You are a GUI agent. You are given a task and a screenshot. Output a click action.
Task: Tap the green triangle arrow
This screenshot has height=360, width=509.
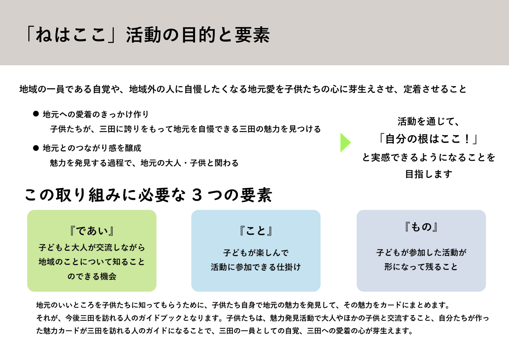[345, 143]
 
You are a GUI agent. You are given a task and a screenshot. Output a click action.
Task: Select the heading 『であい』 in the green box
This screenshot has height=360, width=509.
[92, 231]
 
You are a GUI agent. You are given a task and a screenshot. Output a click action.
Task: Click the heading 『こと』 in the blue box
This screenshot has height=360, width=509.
[256, 231]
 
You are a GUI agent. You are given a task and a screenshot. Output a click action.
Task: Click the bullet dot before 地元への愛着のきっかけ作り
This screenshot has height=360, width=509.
[36, 114]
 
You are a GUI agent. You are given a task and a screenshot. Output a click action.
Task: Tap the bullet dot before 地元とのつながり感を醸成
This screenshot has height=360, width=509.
[36, 148]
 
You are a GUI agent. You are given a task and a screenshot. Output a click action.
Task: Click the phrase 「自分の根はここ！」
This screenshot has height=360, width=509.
[428, 139]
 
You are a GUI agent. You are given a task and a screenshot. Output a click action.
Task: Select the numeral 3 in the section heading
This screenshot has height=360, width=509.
[196, 195]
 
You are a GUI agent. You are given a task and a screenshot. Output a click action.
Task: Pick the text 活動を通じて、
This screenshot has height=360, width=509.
[428, 122]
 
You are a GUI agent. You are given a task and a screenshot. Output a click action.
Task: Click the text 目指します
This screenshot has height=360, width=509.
[428, 174]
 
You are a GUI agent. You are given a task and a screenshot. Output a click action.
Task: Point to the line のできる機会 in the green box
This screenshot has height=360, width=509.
[92, 276]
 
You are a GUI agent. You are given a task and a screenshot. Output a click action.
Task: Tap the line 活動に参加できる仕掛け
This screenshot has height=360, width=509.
[256, 268]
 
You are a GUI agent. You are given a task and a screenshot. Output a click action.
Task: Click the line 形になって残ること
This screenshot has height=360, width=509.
[421, 267]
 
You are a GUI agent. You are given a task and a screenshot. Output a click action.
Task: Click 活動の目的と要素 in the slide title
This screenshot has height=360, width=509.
[198, 35]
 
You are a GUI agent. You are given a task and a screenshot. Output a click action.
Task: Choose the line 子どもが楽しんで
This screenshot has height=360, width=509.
[256, 253]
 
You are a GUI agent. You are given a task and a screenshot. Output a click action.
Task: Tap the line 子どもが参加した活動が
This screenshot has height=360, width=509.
[421, 253]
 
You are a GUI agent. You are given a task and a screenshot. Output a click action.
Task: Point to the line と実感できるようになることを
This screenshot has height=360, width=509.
[428, 157]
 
